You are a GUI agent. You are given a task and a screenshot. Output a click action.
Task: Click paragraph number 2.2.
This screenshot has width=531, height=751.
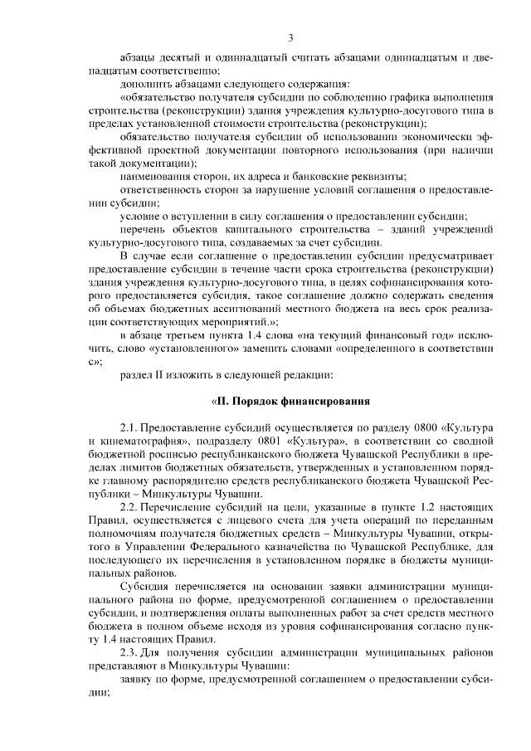click(x=130, y=506)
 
